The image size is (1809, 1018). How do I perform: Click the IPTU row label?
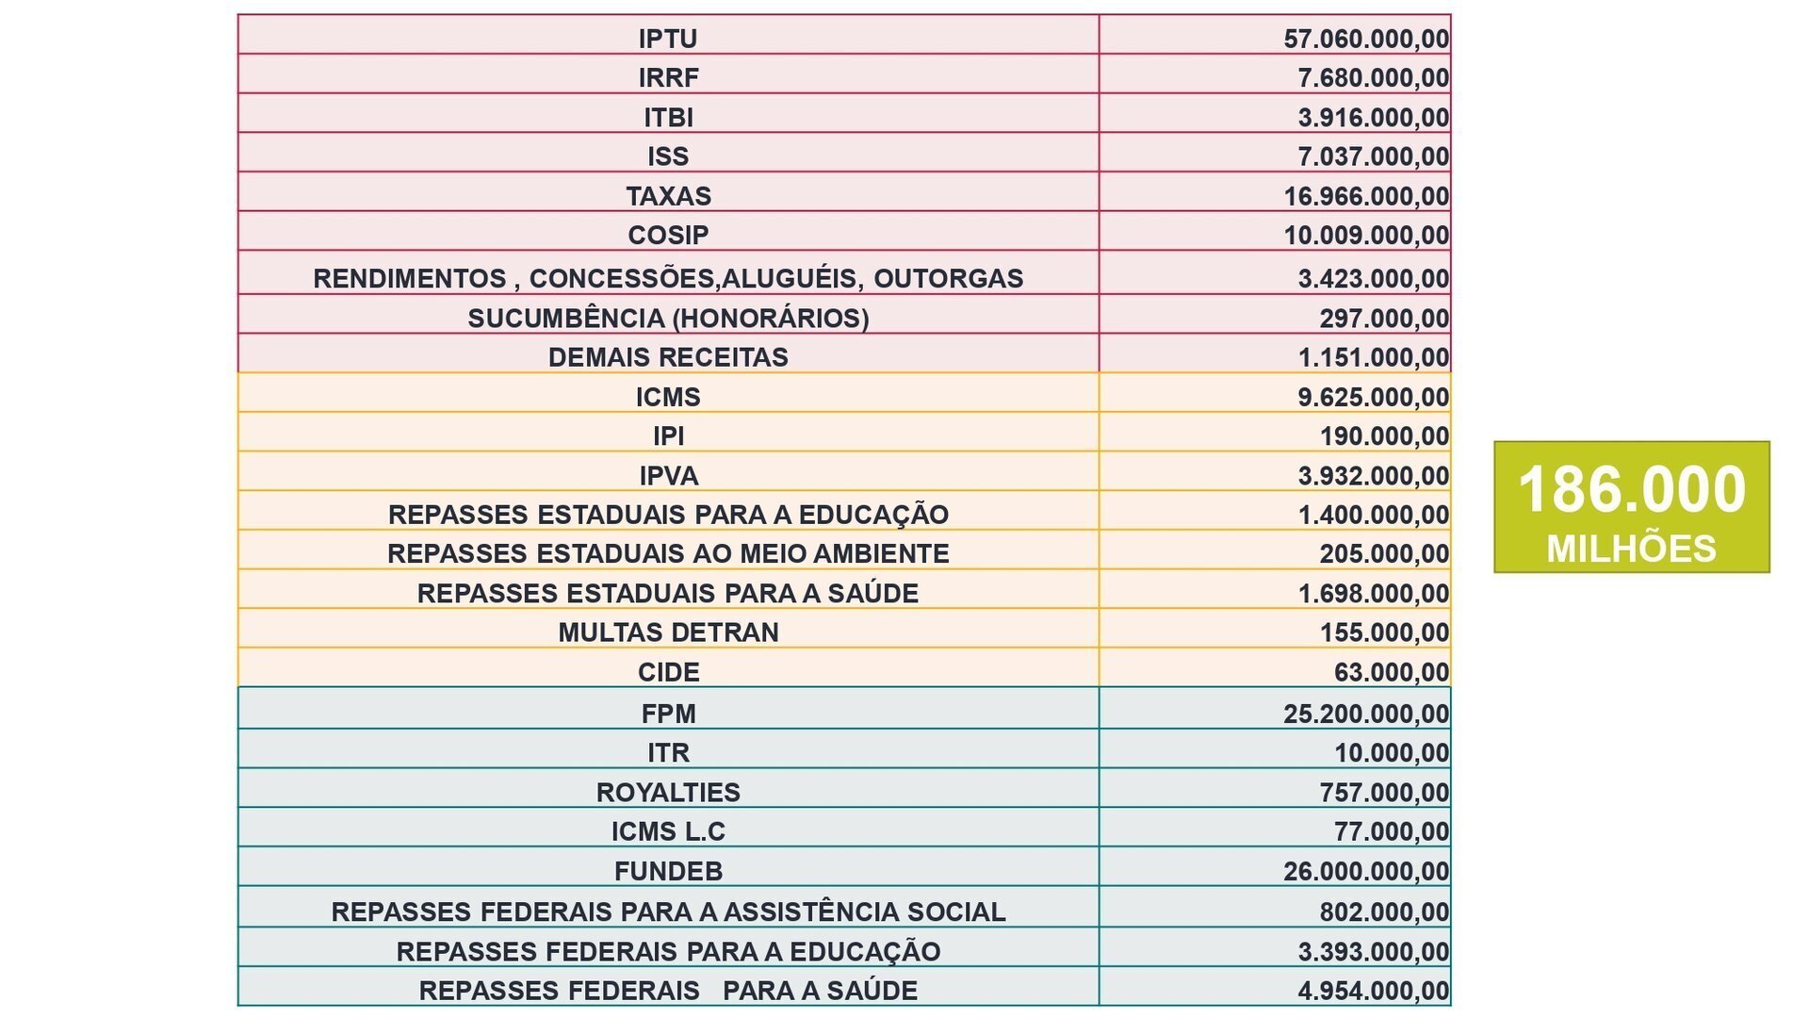668,39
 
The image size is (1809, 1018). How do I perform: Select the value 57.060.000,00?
1366,39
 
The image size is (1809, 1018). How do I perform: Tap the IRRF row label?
668,77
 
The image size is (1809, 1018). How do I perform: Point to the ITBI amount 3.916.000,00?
1374,117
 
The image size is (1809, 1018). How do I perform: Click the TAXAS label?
668,196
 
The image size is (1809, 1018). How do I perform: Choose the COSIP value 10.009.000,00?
1366,235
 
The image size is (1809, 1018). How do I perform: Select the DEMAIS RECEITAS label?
668,357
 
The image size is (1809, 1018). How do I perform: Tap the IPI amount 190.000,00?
1384,435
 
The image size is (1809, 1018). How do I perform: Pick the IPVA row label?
668,476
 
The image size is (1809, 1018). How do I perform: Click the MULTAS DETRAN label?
668,632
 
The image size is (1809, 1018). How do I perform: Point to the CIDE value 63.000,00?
1392,672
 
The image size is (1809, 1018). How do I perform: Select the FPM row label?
668,714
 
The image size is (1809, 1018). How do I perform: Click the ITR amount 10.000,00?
1392,752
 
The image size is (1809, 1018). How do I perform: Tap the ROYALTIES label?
668,792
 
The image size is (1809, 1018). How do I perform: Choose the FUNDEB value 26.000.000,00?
1366,871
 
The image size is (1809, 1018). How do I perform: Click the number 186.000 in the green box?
1631,489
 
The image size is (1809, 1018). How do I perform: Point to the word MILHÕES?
1631,548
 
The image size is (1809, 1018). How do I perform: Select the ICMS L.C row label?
668,831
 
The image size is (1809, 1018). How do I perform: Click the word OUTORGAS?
948,278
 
